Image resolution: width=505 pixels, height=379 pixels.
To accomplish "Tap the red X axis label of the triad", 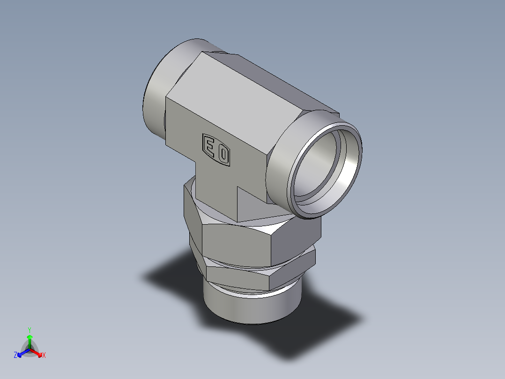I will [x=44, y=355].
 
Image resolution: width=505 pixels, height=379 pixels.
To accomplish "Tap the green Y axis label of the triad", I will [x=29, y=329].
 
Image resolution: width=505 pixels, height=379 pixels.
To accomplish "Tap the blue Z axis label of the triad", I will [x=15, y=355].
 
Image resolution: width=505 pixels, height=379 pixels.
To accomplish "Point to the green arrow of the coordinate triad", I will [x=29, y=340].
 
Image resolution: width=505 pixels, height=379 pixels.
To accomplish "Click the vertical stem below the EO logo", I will [x=215, y=188].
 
